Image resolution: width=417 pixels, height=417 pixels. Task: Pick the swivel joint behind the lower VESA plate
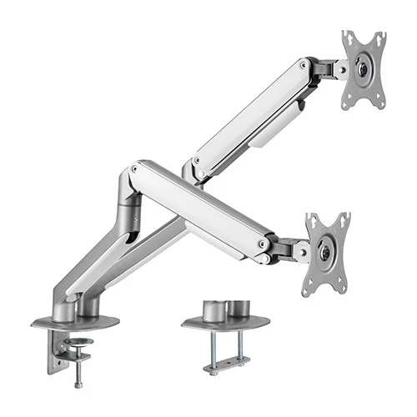288,249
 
